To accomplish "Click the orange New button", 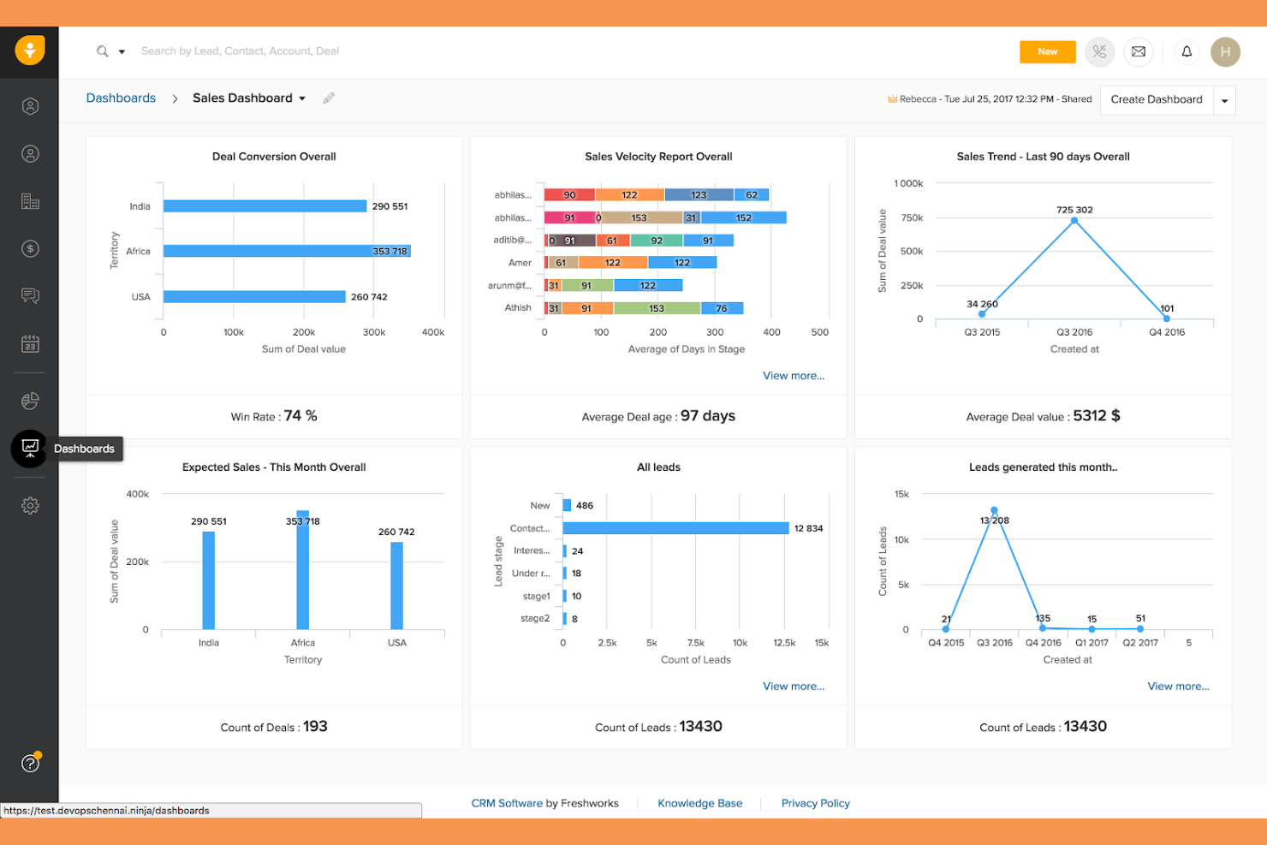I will point(1047,51).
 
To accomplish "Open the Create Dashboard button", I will point(1157,99).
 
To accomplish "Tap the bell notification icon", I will point(1187,51).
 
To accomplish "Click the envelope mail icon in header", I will point(1139,51).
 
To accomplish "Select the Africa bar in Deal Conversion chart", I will point(286,251).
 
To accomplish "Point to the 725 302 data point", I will point(1074,221).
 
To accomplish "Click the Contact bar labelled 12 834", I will point(675,528).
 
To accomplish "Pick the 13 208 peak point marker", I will point(994,510).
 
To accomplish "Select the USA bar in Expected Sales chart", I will point(396,586).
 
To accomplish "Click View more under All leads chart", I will point(794,687).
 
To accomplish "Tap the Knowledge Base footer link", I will point(699,803).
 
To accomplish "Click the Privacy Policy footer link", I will point(815,803).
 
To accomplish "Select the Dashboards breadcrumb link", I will point(121,98).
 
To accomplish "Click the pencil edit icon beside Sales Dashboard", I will point(329,98).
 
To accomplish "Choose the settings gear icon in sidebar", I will point(30,505).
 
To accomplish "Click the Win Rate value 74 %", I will point(300,416).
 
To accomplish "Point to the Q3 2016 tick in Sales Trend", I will point(1074,331).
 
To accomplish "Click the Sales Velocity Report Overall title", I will point(658,157).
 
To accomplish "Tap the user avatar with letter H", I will point(1225,51).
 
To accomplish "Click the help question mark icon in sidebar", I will point(30,763).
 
